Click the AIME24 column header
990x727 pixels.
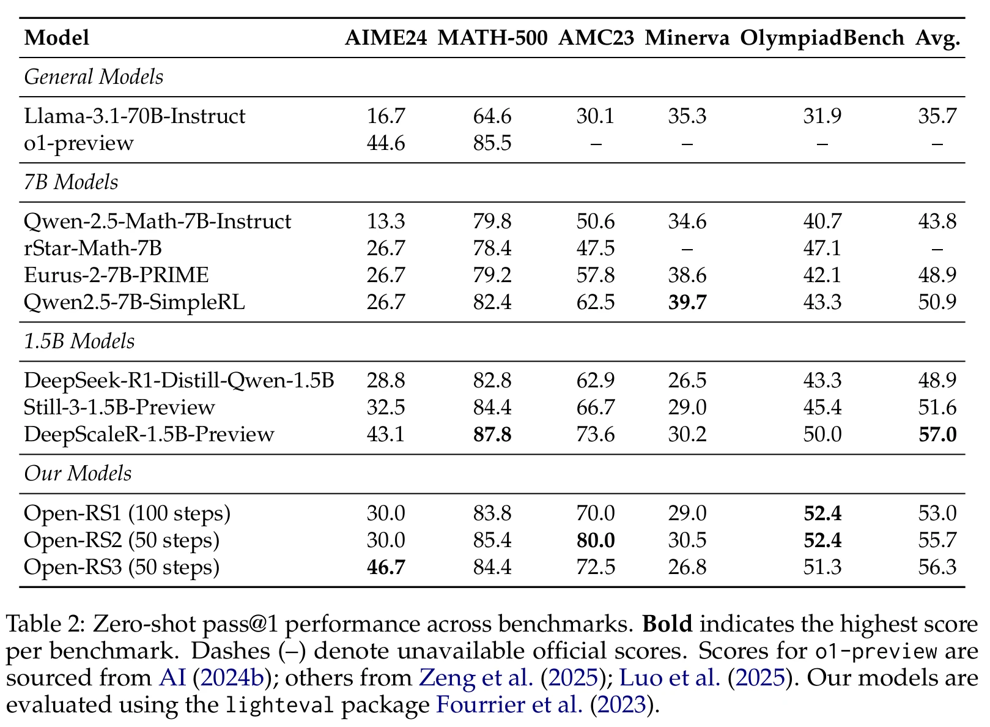386,37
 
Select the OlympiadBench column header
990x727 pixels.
822,39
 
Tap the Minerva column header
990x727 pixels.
687,37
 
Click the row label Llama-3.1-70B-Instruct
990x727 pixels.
135,116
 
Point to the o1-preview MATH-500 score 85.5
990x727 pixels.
492,143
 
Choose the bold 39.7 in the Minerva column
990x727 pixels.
687,302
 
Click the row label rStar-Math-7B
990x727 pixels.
93,248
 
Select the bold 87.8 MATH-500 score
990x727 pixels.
492,434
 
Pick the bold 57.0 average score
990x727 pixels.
937,434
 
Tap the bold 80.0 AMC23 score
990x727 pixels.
596,540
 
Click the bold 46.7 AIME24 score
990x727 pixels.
386,567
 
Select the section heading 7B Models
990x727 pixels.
71,182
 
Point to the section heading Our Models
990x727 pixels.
78,473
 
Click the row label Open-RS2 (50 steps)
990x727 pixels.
122,540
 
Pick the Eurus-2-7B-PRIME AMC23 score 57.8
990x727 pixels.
596,275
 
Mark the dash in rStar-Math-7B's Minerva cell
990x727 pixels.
687,249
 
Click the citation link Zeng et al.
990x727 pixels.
476,678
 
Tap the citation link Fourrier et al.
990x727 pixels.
509,705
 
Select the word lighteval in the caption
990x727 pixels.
279,705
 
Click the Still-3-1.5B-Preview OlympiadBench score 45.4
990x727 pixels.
822,407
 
